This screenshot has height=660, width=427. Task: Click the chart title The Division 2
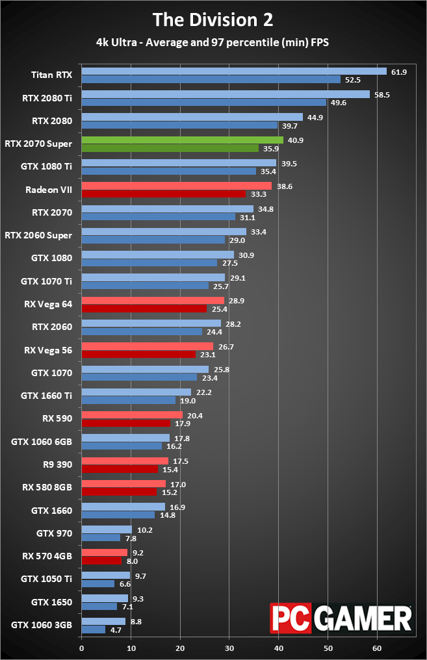pos(213,19)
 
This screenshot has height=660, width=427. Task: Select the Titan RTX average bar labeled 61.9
pos(234,71)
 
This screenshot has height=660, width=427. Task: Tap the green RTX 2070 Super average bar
pos(182,140)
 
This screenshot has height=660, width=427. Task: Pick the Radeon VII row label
pos(49,190)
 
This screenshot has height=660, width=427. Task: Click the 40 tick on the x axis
pos(278,648)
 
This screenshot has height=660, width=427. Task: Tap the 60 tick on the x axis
pos(377,648)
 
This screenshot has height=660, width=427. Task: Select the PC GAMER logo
pos(341,618)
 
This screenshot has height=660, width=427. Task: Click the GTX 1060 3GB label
pos(42,625)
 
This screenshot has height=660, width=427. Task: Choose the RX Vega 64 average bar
pos(153,301)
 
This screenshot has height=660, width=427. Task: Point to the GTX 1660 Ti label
pos(46,395)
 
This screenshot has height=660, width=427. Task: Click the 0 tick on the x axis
pos(81,648)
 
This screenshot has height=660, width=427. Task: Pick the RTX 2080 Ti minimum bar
pos(203,103)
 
